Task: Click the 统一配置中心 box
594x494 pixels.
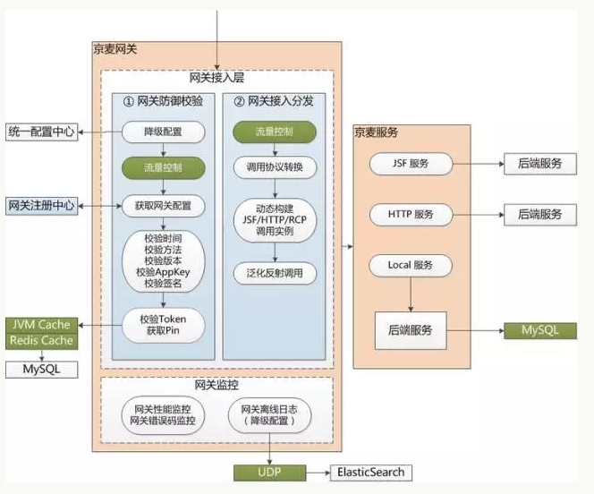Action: (42, 132)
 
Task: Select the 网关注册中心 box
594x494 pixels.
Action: (42, 206)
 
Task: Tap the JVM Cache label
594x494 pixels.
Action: (42, 325)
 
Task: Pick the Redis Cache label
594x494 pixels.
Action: (42, 341)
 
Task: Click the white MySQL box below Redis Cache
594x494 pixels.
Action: (42, 370)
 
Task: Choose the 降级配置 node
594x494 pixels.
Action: (164, 132)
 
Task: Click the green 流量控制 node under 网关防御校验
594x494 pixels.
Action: (164, 168)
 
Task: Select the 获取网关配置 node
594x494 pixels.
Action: (164, 206)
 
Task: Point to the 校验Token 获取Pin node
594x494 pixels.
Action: (164, 325)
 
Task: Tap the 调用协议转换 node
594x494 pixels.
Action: (275, 167)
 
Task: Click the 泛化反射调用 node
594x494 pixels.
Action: (275, 273)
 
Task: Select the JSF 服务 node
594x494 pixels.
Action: (411, 164)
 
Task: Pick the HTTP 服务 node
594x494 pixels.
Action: (411, 215)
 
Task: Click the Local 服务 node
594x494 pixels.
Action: (411, 265)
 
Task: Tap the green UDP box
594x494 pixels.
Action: (270, 473)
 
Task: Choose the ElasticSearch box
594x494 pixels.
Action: (371, 473)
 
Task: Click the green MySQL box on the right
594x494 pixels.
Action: (540, 330)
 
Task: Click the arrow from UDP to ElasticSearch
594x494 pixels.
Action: (318, 473)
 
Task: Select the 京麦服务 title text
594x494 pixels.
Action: (377, 132)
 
